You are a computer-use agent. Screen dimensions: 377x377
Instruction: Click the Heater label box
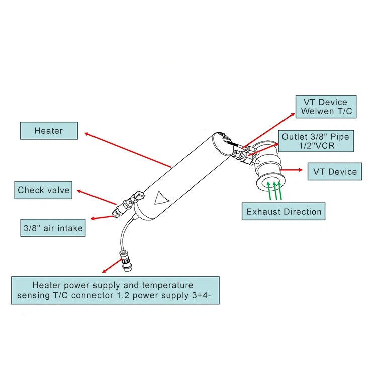49,131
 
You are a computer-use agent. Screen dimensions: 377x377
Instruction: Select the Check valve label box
43,190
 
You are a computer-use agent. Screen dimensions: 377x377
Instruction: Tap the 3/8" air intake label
52,228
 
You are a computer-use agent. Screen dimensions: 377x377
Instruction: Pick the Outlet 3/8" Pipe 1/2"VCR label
315,141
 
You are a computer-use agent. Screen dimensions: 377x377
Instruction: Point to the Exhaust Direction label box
284,211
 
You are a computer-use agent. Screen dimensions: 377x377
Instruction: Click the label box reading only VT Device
335,171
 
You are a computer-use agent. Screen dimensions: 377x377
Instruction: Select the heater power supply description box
115,290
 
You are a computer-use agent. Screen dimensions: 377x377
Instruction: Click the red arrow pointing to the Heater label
128,150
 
